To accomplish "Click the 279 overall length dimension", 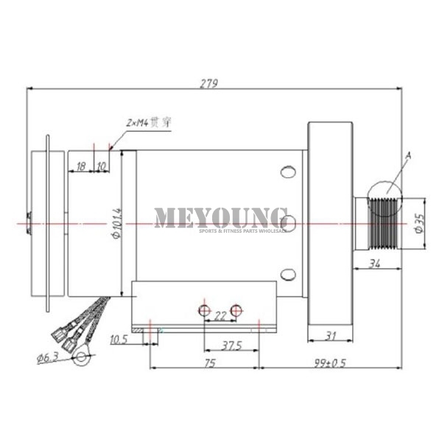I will [x=209, y=83].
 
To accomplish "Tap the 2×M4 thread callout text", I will [x=149, y=122].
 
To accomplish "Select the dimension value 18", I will [x=81, y=166].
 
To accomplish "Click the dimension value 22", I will [x=220, y=316].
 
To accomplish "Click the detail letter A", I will [x=407, y=156].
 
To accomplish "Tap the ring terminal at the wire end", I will [x=81, y=359].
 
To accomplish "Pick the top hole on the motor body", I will [x=287, y=172].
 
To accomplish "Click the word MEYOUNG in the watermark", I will [x=220, y=217].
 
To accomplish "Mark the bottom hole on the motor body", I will [x=287, y=276].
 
